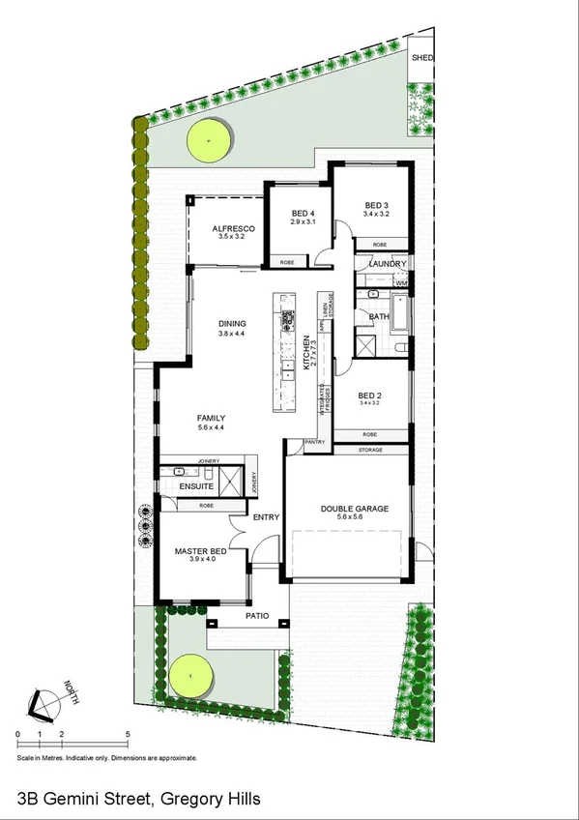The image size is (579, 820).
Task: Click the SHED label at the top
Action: [x=421, y=58]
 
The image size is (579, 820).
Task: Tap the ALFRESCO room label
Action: [x=233, y=228]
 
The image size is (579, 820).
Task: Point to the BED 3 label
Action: [x=376, y=205]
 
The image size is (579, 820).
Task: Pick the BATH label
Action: [x=378, y=316]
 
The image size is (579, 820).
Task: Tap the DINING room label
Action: [x=232, y=324]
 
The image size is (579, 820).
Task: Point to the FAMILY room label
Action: [x=211, y=419]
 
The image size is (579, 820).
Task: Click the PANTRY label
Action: [x=314, y=442]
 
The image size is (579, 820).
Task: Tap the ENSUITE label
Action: [x=195, y=486]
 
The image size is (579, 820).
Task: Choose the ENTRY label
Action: [x=265, y=517]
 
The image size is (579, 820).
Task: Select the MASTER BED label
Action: [x=199, y=551]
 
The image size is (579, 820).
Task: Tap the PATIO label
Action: [x=255, y=616]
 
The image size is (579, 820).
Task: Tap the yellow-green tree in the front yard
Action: [x=191, y=676]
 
